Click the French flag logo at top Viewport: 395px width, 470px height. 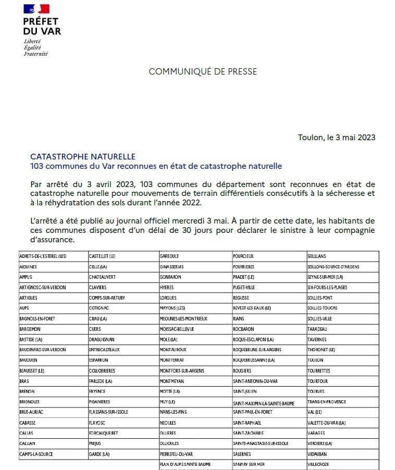point(36,9)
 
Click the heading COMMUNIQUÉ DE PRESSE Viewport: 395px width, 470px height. point(203,71)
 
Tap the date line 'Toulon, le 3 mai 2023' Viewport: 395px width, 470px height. point(336,138)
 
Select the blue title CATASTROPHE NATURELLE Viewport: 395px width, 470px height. point(83,156)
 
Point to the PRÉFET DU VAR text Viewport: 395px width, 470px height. point(42,26)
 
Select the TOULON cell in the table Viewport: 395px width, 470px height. point(316,360)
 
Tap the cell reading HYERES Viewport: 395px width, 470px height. point(167,287)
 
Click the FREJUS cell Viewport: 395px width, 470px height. point(95,443)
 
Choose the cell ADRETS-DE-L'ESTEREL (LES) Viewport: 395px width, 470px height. point(43,256)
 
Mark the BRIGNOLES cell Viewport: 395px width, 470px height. point(29,402)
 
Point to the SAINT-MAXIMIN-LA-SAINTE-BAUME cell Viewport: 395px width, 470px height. point(265,403)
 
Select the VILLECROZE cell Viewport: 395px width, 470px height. point(319,464)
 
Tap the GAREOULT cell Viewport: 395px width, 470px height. point(170,256)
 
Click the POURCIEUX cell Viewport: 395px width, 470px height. point(243,256)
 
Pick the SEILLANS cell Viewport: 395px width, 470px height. point(318,256)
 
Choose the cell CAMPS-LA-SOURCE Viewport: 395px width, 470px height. point(36,454)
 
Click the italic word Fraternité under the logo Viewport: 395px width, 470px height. point(35,54)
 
